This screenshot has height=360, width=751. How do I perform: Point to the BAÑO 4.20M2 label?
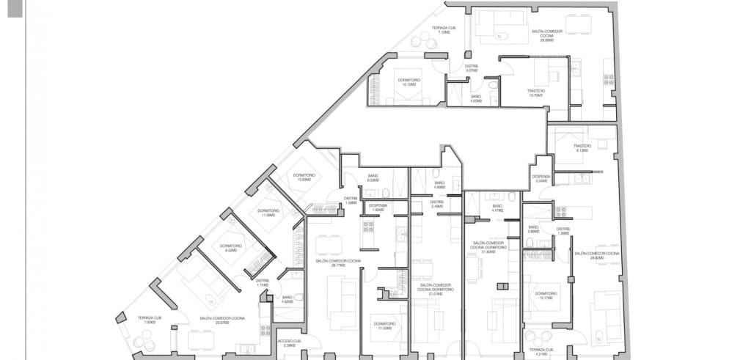[x=475, y=99]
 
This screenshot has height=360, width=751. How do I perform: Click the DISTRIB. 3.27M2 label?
[x=472, y=68]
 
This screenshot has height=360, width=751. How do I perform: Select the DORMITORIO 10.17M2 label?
[x=546, y=295]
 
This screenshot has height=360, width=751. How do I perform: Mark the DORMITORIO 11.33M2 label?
[x=384, y=326]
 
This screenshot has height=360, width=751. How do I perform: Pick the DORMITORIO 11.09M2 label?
[x=265, y=213]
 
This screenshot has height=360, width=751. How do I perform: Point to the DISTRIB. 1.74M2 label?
[x=263, y=282]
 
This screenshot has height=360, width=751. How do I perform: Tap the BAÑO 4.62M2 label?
[x=287, y=299]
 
